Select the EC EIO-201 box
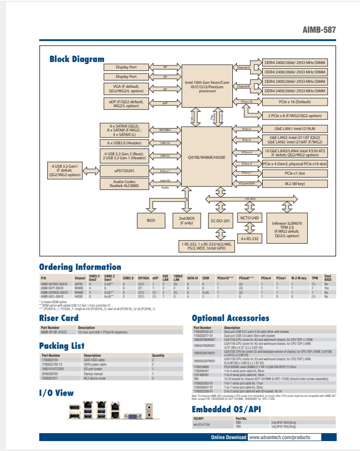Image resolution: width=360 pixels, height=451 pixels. coord(220,220)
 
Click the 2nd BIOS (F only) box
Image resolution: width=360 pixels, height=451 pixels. coord(186,220)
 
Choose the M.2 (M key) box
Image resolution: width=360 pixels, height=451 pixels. coord(295,184)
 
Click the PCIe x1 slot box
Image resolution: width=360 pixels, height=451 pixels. coord(295,174)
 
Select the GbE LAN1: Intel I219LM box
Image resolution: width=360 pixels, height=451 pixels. coord(295,129)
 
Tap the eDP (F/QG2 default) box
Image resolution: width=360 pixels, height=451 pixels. coord(126,103)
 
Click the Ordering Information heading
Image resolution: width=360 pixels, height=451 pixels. coord(80,267)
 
